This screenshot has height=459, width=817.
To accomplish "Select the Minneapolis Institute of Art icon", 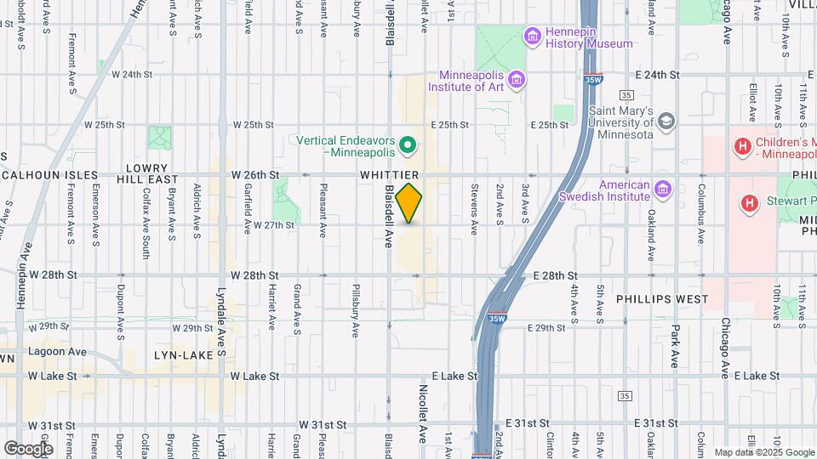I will pyautogui.click(x=517, y=80).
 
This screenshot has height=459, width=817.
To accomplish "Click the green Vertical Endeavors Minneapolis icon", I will pyautogui.click(x=407, y=145).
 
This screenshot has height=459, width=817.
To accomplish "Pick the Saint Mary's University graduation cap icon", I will pyautogui.click(x=666, y=121).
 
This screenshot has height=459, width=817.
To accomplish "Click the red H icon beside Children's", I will pyautogui.click(x=743, y=147).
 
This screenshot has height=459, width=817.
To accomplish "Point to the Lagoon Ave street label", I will pyautogui.click(x=57, y=351).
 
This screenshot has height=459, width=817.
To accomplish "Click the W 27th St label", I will pyautogui.click(x=274, y=225).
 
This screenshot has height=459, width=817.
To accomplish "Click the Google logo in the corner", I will pyautogui.click(x=28, y=448).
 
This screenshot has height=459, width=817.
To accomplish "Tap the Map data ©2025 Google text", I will pyautogui.click(x=763, y=452).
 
